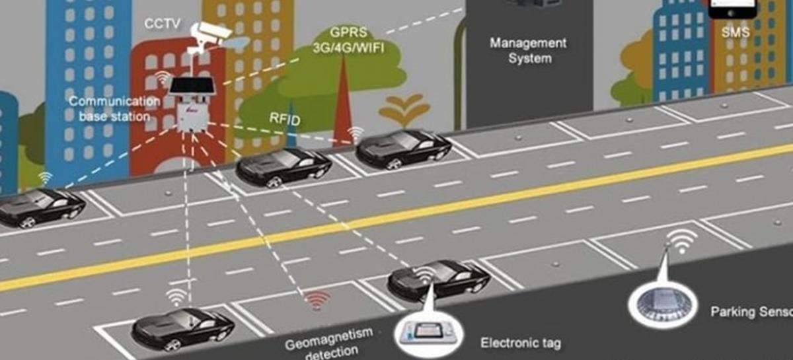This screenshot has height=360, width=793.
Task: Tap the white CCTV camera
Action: [210, 32]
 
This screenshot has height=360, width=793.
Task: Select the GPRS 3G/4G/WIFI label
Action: [348, 40]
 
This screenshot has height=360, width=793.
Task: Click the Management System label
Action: [528, 50]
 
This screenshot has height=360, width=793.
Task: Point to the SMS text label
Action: [735, 32]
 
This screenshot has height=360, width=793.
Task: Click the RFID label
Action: [285, 120]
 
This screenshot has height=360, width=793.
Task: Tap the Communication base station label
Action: [114, 108]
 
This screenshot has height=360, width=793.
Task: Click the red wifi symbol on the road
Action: [319, 301]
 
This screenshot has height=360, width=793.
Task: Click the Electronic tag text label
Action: [521, 343]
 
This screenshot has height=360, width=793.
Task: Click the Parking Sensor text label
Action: [751, 310]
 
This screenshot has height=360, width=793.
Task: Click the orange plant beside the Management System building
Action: [404, 110]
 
